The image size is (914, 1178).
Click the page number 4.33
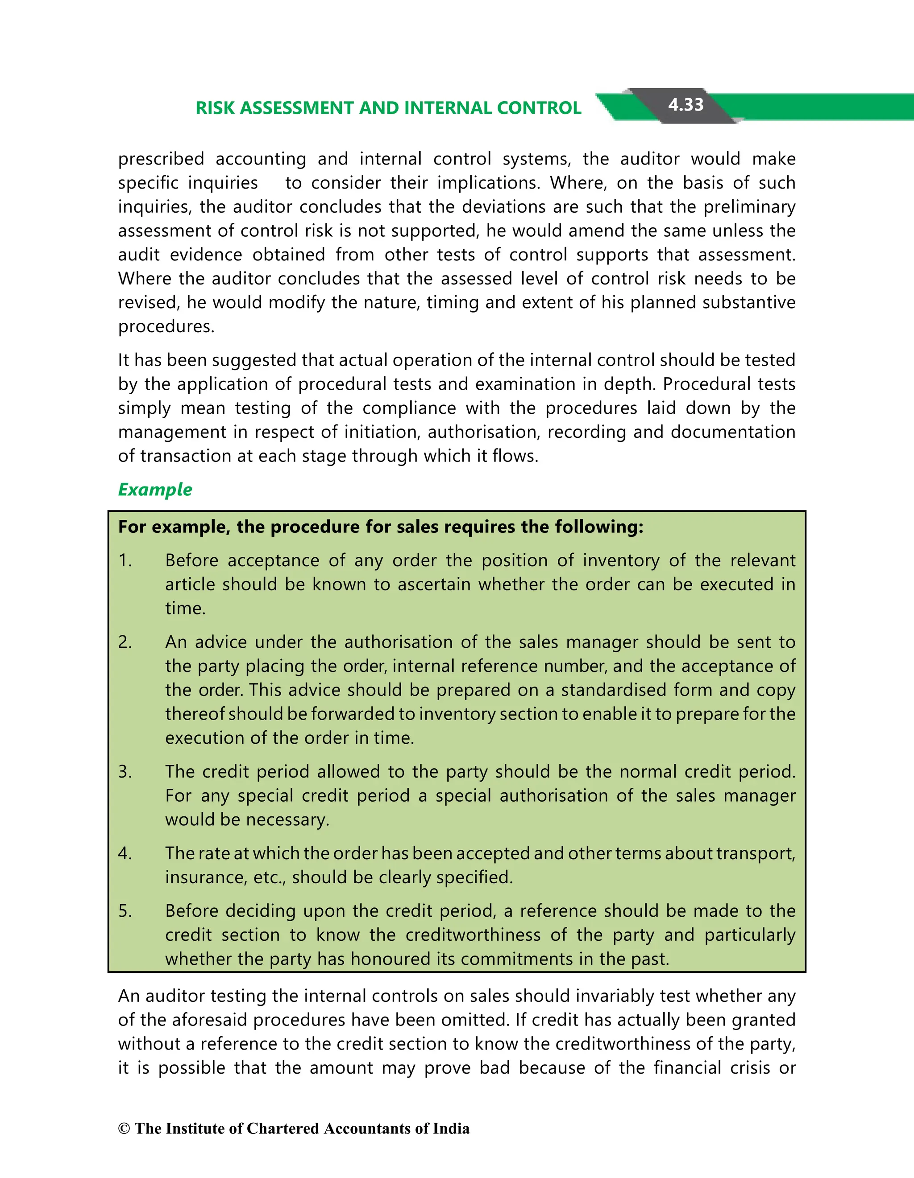coord(685,105)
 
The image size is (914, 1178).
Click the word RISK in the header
coord(215,108)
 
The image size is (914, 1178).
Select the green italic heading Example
coord(155,489)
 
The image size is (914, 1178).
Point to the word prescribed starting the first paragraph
coord(161,159)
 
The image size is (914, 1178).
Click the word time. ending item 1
coord(185,609)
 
